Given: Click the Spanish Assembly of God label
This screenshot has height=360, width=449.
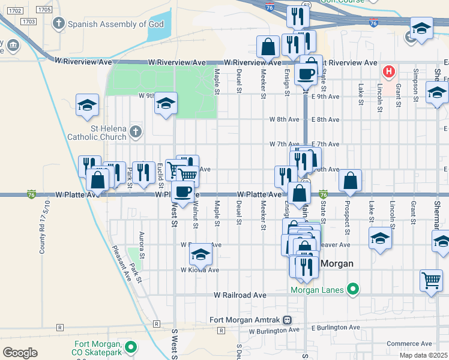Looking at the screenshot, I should point(107,24).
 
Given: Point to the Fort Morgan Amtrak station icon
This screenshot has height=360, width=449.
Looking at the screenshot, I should point(288,320).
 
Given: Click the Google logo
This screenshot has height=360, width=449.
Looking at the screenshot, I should point(20,353).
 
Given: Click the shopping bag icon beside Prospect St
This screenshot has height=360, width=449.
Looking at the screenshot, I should point(350,180).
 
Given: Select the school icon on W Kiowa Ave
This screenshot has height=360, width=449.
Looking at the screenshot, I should point(200,254).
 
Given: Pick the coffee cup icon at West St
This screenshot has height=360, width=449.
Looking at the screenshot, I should point(183,191).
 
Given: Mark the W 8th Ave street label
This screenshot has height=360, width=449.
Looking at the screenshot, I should point(284,119).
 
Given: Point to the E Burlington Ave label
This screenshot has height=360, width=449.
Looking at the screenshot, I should point(336,328).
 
